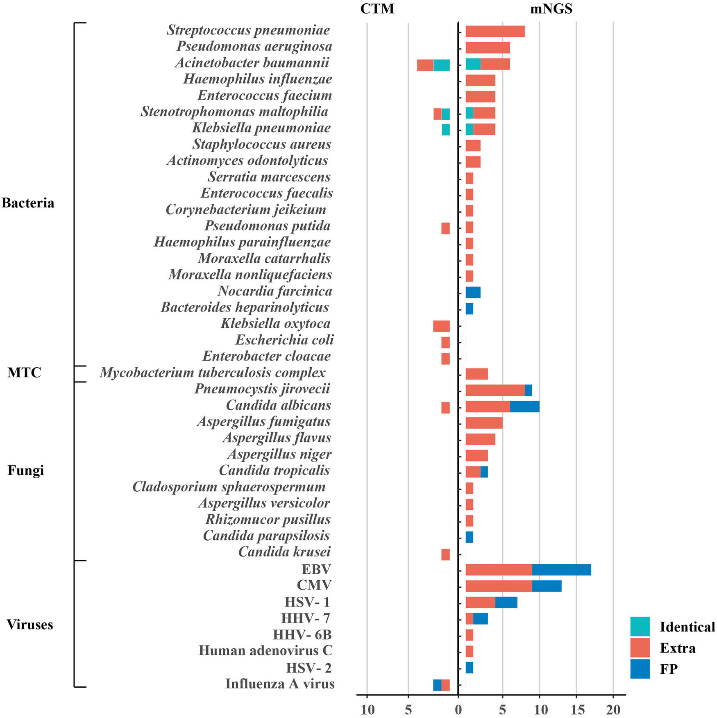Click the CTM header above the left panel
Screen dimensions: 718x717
[377, 9]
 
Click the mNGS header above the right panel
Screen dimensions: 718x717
[551, 9]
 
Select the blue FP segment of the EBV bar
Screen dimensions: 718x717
[561, 570]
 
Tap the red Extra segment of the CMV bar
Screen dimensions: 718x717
[499, 586]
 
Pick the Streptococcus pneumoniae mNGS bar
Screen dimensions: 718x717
[495, 31]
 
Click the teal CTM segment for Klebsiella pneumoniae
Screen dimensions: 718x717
[446, 130]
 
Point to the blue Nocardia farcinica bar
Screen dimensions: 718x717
[473, 292]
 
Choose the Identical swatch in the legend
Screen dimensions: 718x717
[640, 626]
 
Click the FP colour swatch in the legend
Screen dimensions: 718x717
[640, 669]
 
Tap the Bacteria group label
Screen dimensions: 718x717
[28, 203]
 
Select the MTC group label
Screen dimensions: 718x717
[24, 373]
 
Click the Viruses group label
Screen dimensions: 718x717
[30, 625]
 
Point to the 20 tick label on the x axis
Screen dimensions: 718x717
[613, 709]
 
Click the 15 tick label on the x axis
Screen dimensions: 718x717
[576, 709]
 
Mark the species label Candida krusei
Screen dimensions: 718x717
[284, 552]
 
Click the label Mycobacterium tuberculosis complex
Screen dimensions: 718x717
[213, 373]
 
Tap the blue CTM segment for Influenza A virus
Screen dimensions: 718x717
[437, 685]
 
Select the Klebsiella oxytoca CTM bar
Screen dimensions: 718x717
[441, 326]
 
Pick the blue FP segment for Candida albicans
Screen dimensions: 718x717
[524, 407]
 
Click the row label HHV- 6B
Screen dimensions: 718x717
[302, 635]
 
